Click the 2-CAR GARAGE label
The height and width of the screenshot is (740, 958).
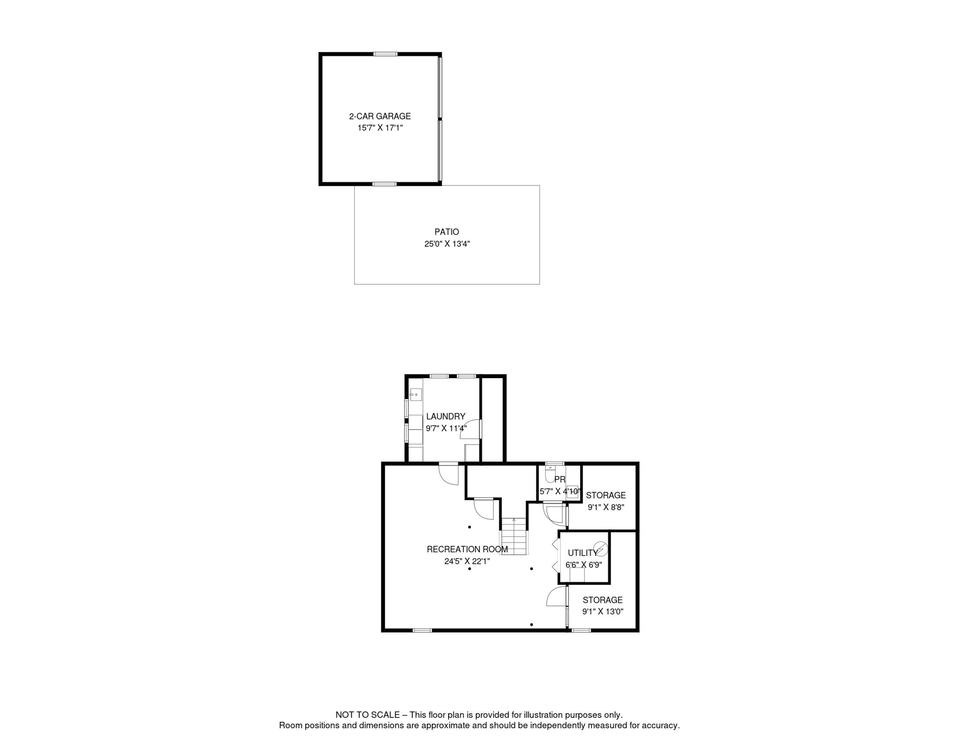click(x=380, y=116)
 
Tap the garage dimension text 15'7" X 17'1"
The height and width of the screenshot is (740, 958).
click(x=380, y=128)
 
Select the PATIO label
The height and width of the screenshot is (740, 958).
click(x=447, y=232)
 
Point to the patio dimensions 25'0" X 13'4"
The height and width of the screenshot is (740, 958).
click(x=447, y=244)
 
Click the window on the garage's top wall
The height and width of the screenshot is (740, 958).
click(x=385, y=54)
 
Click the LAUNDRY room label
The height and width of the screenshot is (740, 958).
click(x=445, y=416)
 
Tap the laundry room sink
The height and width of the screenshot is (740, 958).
click(x=415, y=395)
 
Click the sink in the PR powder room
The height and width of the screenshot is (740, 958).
click(x=572, y=491)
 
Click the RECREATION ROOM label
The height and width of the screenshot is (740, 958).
click(x=467, y=549)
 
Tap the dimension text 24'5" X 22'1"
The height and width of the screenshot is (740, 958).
click(x=467, y=561)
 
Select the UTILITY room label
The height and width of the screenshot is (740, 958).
click(x=582, y=553)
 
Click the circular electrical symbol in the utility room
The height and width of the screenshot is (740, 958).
click(x=601, y=549)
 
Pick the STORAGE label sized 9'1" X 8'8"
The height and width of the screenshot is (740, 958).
click(x=606, y=495)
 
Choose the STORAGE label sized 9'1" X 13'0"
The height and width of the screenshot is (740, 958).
click(x=602, y=600)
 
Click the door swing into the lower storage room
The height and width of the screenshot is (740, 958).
click(x=557, y=597)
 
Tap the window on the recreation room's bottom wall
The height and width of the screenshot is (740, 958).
click(x=422, y=630)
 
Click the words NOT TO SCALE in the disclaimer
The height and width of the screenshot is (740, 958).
click(x=367, y=715)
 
